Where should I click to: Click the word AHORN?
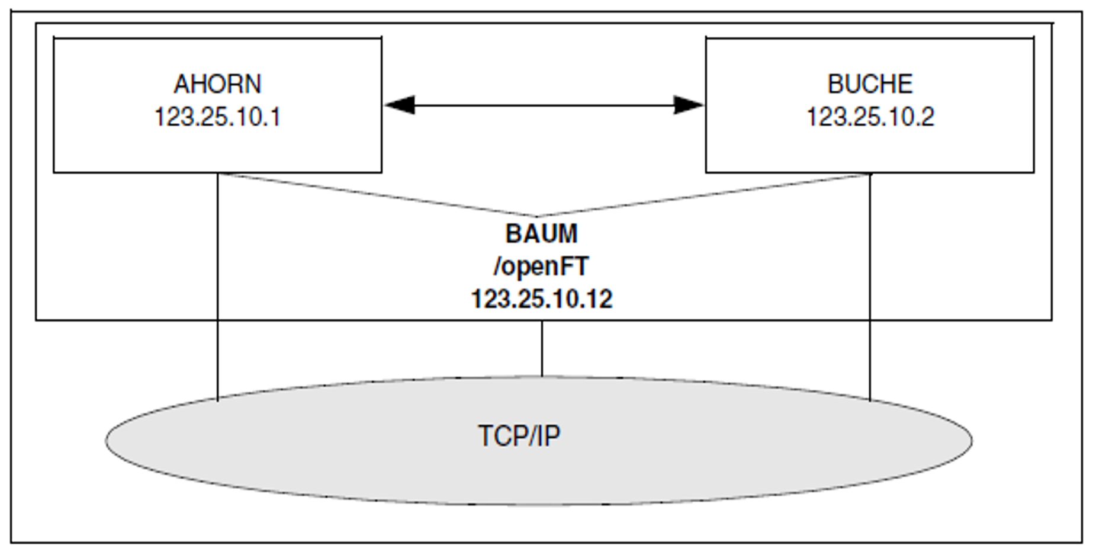pyautogui.click(x=217, y=84)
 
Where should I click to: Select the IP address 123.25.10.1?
pyautogui.click(x=217, y=117)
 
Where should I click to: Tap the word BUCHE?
pyautogui.click(x=869, y=84)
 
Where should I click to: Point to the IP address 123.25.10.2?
pyautogui.click(x=870, y=117)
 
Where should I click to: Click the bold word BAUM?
pyautogui.click(x=541, y=234)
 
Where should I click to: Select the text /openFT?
pyautogui.click(x=541, y=267)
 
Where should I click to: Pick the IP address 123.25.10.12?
pyautogui.click(x=541, y=299)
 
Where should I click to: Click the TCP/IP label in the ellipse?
pyautogui.click(x=519, y=436)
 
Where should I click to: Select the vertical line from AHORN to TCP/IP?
pyautogui.click(x=218, y=284)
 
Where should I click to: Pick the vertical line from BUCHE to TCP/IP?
pyautogui.click(x=870, y=284)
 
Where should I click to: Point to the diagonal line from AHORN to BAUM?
pyautogui.click(x=379, y=195)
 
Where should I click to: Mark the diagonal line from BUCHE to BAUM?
pyautogui.click(x=705, y=195)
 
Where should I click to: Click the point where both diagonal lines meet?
pyautogui.click(x=536, y=216)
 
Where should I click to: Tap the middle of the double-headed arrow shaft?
pyautogui.click(x=544, y=105)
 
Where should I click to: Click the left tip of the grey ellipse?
pyautogui.click(x=107, y=440)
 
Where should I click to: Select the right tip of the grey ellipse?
pyautogui.click(x=971, y=440)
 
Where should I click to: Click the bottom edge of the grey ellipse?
pyautogui.click(x=539, y=504)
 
